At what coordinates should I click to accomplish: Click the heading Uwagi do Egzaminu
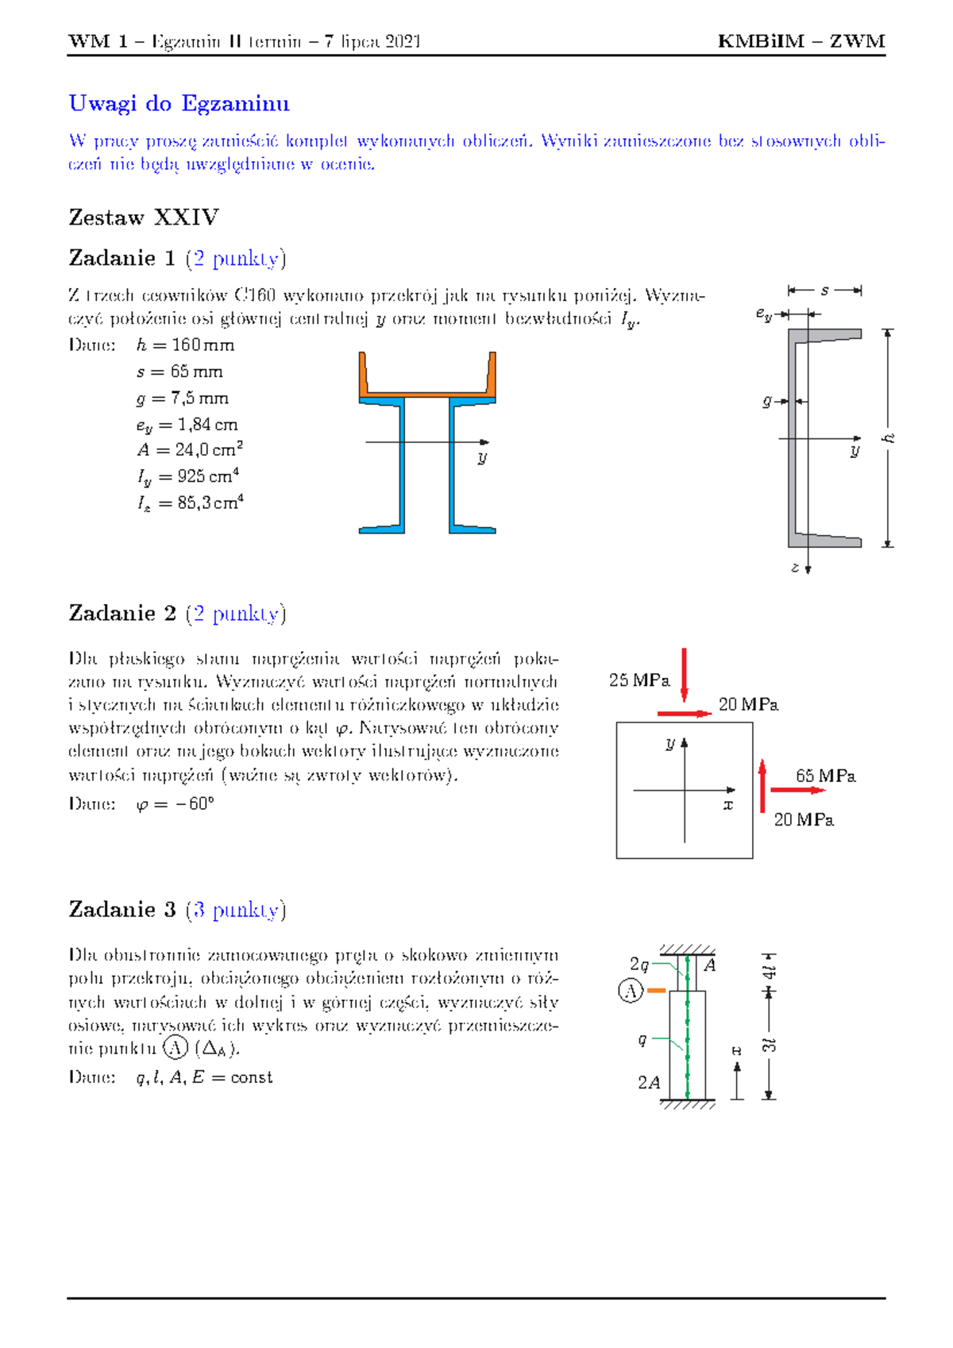click(179, 104)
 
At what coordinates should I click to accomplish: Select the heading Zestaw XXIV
click(143, 218)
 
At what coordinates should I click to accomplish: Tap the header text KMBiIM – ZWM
click(801, 41)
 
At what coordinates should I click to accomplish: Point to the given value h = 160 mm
click(185, 345)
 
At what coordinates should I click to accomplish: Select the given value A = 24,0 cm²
click(189, 450)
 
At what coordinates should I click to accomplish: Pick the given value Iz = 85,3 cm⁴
click(190, 503)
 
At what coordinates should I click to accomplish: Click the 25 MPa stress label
click(639, 680)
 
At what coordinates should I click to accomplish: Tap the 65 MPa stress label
click(825, 776)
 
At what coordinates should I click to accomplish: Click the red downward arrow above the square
click(684, 675)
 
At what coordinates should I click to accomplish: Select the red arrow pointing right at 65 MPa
click(797, 791)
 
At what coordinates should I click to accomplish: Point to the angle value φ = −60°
click(175, 804)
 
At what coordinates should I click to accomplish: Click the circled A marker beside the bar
click(631, 991)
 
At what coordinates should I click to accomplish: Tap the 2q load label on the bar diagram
click(639, 965)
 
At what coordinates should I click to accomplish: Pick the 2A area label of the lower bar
click(649, 1083)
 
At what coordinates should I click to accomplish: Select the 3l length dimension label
click(769, 1045)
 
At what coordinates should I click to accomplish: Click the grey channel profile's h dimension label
click(889, 438)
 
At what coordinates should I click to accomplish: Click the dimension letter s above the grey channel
click(825, 291)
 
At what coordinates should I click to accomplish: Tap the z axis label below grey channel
click(795, 568)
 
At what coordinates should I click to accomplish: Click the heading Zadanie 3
click(122, 910)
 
